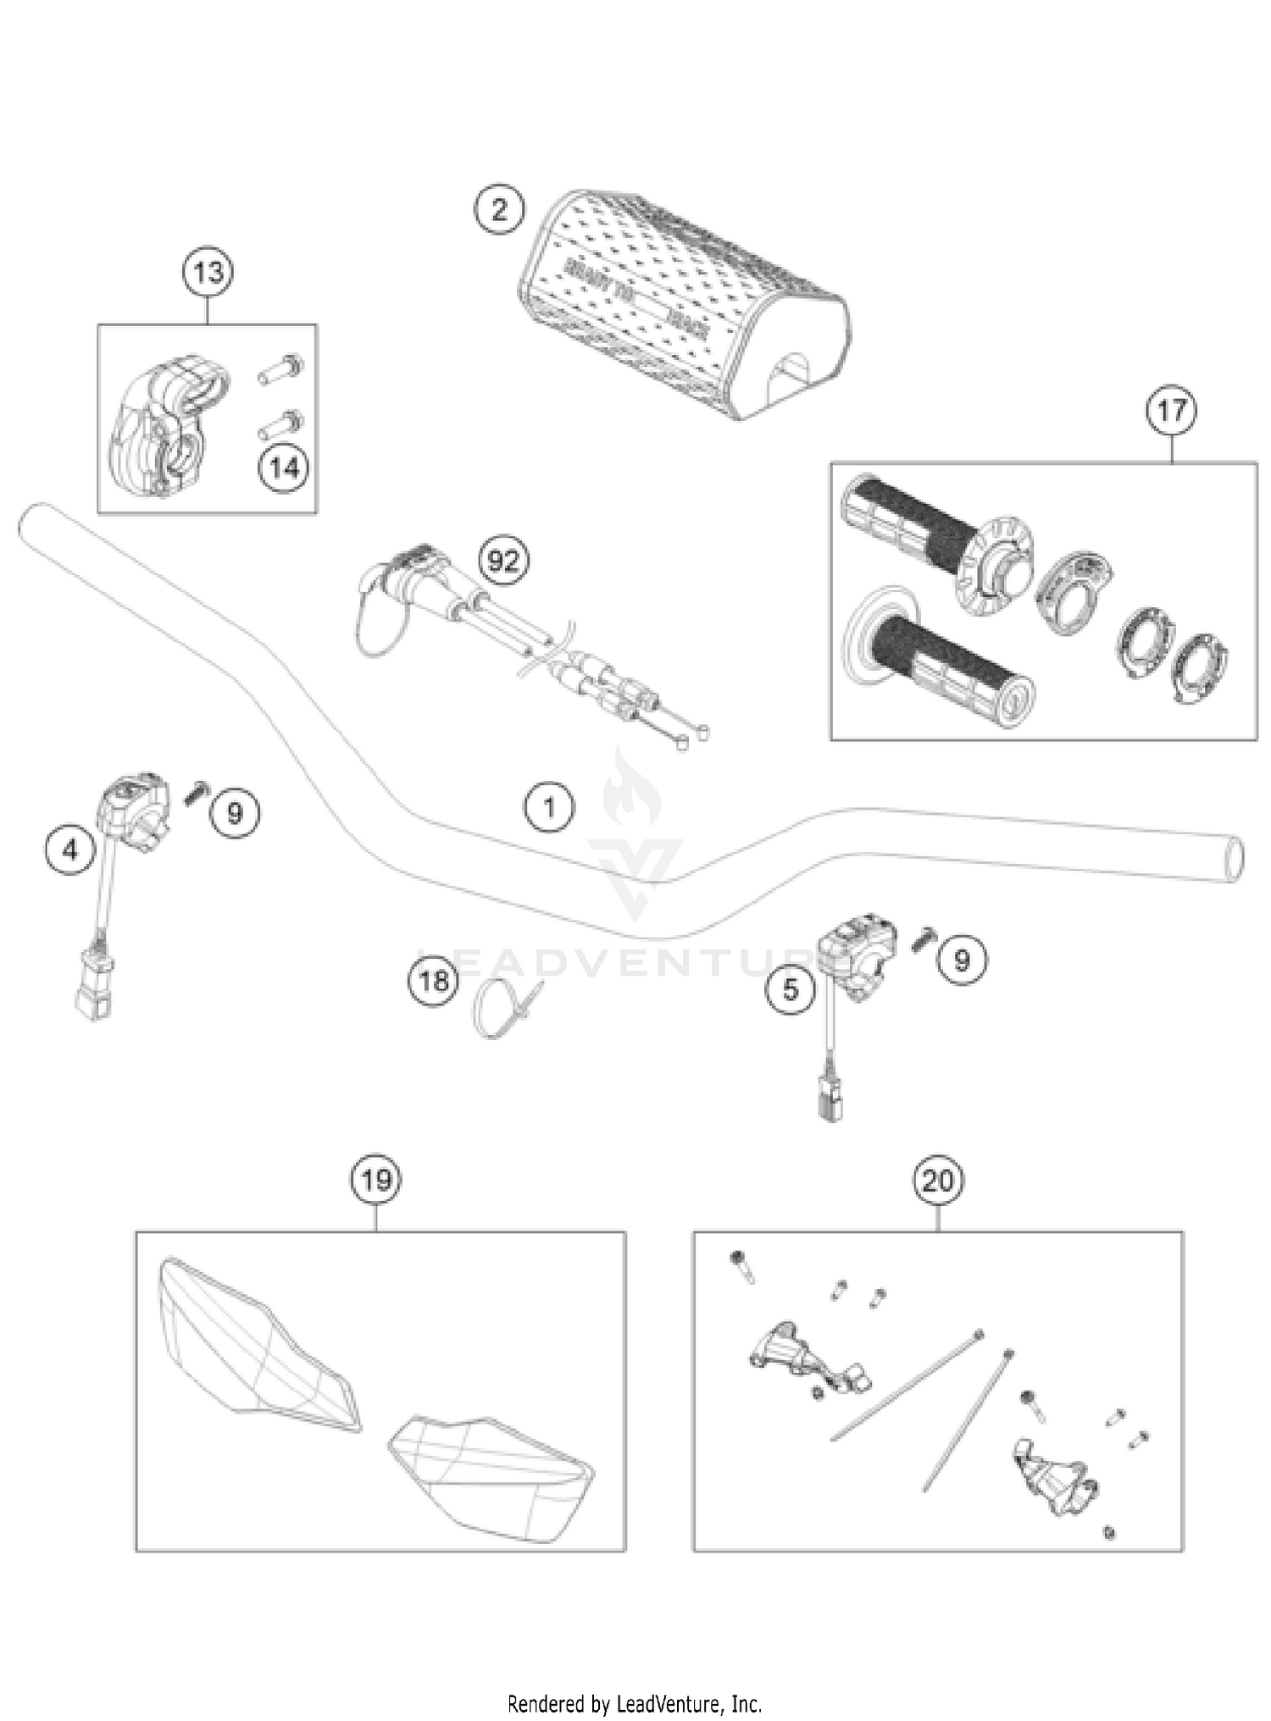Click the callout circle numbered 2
pos(499,208)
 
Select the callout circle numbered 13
pos(208,273)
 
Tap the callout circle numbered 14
pos(284,468)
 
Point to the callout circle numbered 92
pos(503,560)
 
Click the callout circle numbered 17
pos(1172,411)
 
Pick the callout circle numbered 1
pos(549,807)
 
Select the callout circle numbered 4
pos(70,849)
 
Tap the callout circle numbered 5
pos(791,988)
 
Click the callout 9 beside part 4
pos(235,813)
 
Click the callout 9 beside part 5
pos(962,960)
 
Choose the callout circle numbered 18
pos(434,981)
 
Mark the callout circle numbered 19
pos(376,1180)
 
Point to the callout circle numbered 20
pos(938,1180)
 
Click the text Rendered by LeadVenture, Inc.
pos(635,1703)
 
